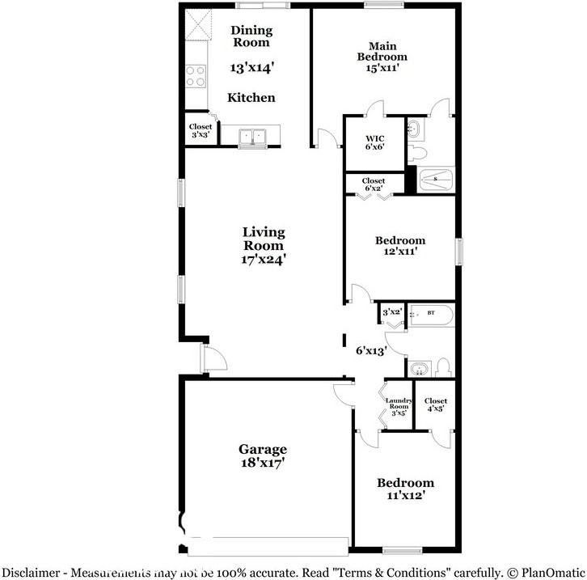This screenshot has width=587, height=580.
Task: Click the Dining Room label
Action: click(x=251, y=36)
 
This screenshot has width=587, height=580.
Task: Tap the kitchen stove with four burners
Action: click(x=196, y=76)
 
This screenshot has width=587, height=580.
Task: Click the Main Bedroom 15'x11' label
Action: click(x=382, y=57)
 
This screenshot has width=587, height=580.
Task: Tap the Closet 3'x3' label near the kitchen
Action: click(x=200, y=131)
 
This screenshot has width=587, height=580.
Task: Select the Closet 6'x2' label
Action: click(x=373, y=185)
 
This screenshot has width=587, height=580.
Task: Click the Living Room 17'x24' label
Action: click(x=264, y=246)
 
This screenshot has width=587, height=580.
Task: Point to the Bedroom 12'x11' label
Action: click(x=399, y=246)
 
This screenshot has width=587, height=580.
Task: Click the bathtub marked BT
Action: click(x=432, y=313)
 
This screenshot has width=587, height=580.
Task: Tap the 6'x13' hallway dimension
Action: click(x=371, y=351)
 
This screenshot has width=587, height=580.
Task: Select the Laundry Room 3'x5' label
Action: click(x=398, y=406)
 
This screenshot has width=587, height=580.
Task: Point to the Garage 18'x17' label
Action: click(x=262, y=456)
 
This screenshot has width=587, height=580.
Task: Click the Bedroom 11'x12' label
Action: click(x=405, y=488)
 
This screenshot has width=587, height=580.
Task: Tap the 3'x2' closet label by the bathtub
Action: click(x=392, y=311)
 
